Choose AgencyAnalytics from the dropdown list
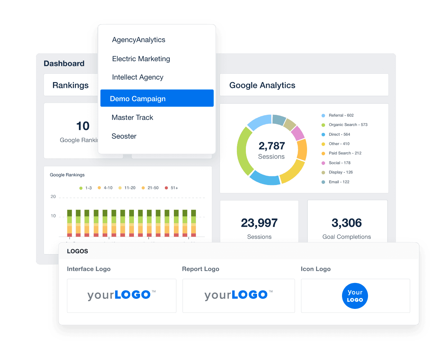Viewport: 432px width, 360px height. click(139, 40)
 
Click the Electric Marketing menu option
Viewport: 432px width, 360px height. click(141, 59)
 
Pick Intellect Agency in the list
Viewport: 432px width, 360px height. click(138, 77)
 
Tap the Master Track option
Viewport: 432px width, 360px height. click(132, 118)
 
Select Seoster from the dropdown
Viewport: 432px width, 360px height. click(124, 136)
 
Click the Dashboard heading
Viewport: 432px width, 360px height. click(64, 64)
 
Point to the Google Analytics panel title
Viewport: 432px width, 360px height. click(262, 85)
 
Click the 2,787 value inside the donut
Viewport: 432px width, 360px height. click(271, 146)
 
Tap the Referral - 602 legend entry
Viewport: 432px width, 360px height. click(341, 116)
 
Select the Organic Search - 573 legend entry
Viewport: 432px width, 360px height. click(347, 125)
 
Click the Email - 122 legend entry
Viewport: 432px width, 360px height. click(338, 182)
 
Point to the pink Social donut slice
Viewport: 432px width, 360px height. click(298, 133)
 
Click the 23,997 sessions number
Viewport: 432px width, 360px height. click(259, 223)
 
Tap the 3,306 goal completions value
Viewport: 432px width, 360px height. click(347, 223)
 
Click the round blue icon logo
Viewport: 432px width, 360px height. click(355, 296)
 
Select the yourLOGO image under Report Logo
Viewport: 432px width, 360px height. click(238, 296)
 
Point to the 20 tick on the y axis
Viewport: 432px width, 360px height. click(53, 197)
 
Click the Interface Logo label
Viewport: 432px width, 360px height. click(89, 269)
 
